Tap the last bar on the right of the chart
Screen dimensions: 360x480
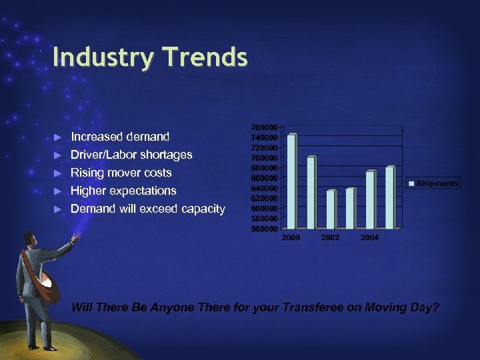(x=390, y=197)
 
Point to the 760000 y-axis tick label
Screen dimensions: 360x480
(x=265, y=127)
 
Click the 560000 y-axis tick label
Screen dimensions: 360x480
(x=265, y=229)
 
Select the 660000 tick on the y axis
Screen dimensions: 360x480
(x=265, y=178)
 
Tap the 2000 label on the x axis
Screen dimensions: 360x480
(x=291, y=237)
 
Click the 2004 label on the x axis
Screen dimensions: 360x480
(x=370, y=237)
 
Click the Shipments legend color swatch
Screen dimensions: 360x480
(x=412, y=183)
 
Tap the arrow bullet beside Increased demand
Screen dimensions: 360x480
(x=58, y=137)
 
